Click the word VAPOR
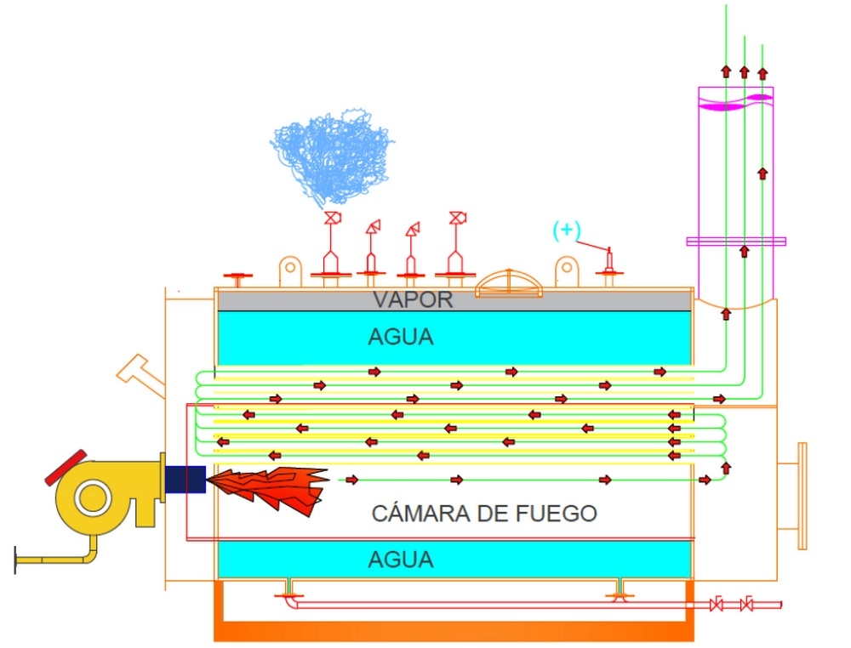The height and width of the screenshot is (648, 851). pos(413,299)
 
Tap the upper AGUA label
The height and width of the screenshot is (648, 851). pos(400,338)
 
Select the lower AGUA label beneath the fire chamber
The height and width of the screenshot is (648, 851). pos(400,560)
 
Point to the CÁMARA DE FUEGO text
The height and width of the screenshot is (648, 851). pos(484,514)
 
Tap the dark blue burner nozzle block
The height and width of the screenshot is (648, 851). pos(185,479)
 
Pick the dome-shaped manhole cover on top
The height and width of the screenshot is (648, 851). pos(510,284)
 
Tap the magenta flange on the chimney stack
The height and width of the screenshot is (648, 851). pos(736,242)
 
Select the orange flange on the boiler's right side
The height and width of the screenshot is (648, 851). pos(801,496)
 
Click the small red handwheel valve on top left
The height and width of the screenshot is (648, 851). pos(238,277)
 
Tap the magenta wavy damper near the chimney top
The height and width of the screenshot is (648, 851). pos(735,100)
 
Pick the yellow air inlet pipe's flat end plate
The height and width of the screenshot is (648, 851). pos(16,561)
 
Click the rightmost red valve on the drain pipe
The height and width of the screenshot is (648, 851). pos(746,605)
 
